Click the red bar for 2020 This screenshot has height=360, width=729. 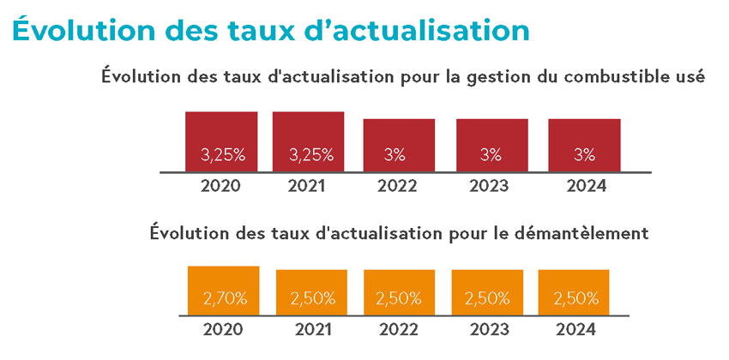pyautogui.click(x=221, y=141)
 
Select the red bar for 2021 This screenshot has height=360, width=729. pyautogui.click(x=308, y=141)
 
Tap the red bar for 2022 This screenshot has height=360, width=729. pyautogui.click(x=399, y=145)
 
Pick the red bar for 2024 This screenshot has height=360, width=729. pyautogui.click(x=584, y=145)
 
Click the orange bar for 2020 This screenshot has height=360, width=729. pyautogui.click(x=223, y=291)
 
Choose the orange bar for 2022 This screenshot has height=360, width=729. pyautogui.click(x=399, y=292)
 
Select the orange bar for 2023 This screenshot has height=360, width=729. pyautogui.click(x=487, y=292)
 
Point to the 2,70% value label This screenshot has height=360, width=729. pyautogui.click(x=225, y=299)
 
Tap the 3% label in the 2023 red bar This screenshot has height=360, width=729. pyautogui.click(x=491, y=155)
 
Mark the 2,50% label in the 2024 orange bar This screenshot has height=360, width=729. pyautogui.click(x=575, y=299)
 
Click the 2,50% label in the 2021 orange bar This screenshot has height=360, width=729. pyautogui.click(x=312, y=299)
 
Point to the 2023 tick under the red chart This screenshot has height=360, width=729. pyautogui.click(x=491, y=185)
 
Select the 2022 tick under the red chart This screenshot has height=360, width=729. pyautogui.click(x=399, y=185)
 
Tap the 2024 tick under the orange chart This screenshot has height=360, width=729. pyautogui.click(x=575, y=329)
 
